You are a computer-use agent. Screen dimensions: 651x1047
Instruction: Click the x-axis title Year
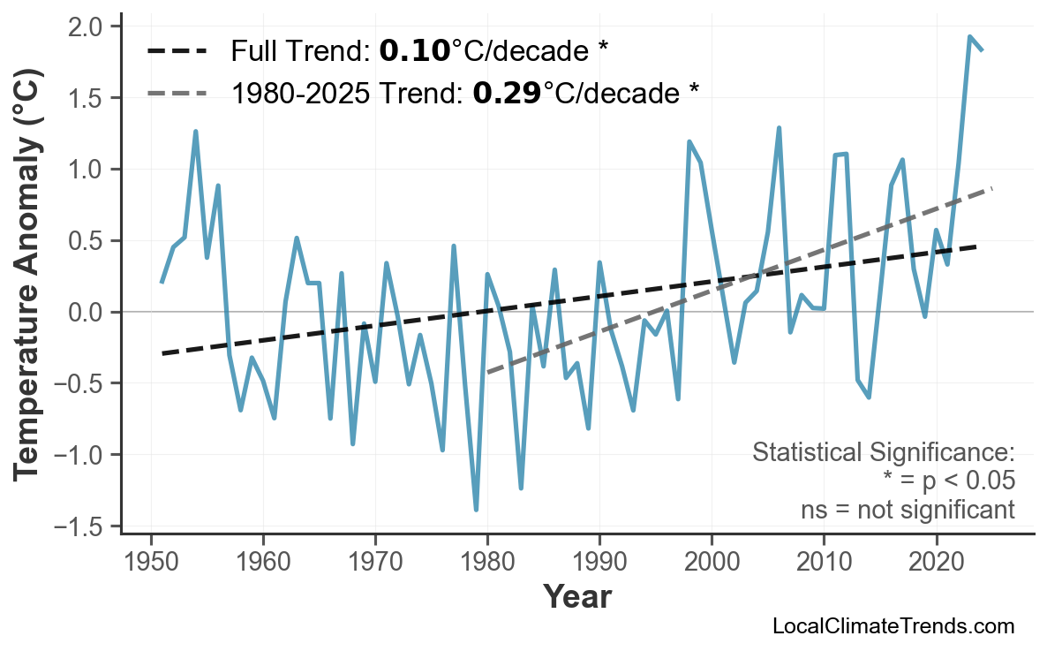pos(576,597)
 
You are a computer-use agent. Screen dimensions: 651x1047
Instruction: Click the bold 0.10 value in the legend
pos(414,51)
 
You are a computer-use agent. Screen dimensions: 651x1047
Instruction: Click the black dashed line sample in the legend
pos(177,51)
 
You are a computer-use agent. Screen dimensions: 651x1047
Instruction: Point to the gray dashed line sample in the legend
pos(177,93)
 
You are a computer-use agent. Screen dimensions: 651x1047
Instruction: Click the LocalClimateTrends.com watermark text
pos(893,626)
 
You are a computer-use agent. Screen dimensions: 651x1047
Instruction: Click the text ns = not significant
pos(907,510)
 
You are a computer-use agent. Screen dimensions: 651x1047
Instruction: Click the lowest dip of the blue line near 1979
pos(476,511)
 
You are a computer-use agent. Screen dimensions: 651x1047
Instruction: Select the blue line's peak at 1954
pos(195,132)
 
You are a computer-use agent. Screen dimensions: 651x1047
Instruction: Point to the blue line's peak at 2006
pos(779,128)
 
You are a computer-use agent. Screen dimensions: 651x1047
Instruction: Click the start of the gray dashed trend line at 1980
pos(488,373)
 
